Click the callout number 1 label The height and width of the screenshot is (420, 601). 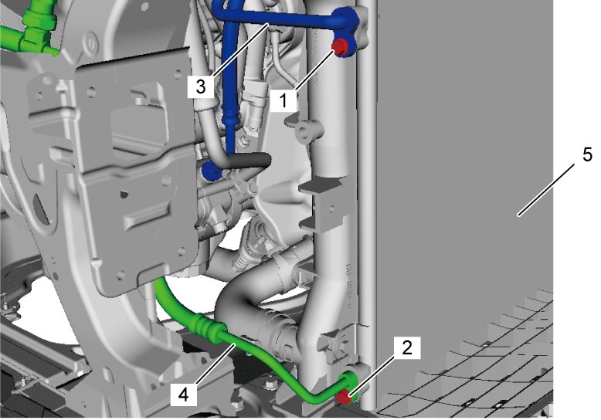coord(284,100)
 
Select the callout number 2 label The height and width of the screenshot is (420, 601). coord(406,347)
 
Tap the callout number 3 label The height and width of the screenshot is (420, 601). coord(200,86)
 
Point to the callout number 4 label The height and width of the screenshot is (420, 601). coord(184,395)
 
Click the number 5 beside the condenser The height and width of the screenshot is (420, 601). coord(587,155)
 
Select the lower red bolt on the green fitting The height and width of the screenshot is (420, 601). coord(345,397)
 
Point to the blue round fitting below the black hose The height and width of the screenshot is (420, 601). coord(211,171)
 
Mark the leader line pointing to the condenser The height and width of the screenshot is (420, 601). coord(547,189)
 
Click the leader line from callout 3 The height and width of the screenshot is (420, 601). coord(240,49)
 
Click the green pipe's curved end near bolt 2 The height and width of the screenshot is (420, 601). coord(345,382)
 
